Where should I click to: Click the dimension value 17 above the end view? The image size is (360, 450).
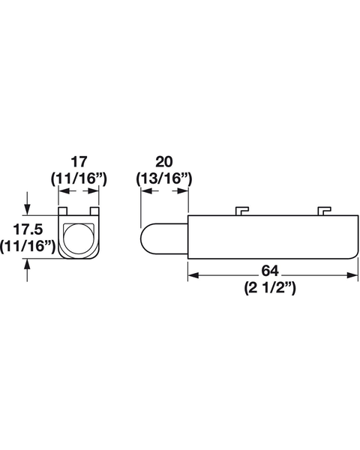(79, 162)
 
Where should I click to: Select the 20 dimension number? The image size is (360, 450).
(164, 162)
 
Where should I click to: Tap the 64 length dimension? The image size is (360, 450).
(270, 271)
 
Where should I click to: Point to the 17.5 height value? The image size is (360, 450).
(28, 229)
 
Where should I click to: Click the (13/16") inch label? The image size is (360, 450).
(164, 178)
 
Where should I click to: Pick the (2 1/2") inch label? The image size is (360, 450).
(270, 287)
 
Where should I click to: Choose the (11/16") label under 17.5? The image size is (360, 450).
(28, 246)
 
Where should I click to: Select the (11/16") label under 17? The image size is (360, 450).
(79, 178)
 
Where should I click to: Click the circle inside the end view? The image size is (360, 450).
(79, 238)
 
